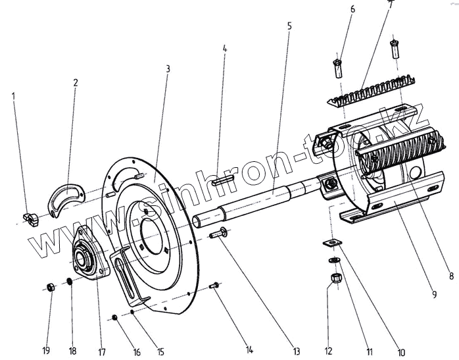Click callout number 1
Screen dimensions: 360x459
12,96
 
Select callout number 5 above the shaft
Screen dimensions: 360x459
289,26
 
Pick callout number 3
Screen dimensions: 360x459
168,68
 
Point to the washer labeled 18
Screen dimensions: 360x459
68,284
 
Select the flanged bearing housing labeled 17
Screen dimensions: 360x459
86,254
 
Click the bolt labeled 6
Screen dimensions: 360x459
337,66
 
